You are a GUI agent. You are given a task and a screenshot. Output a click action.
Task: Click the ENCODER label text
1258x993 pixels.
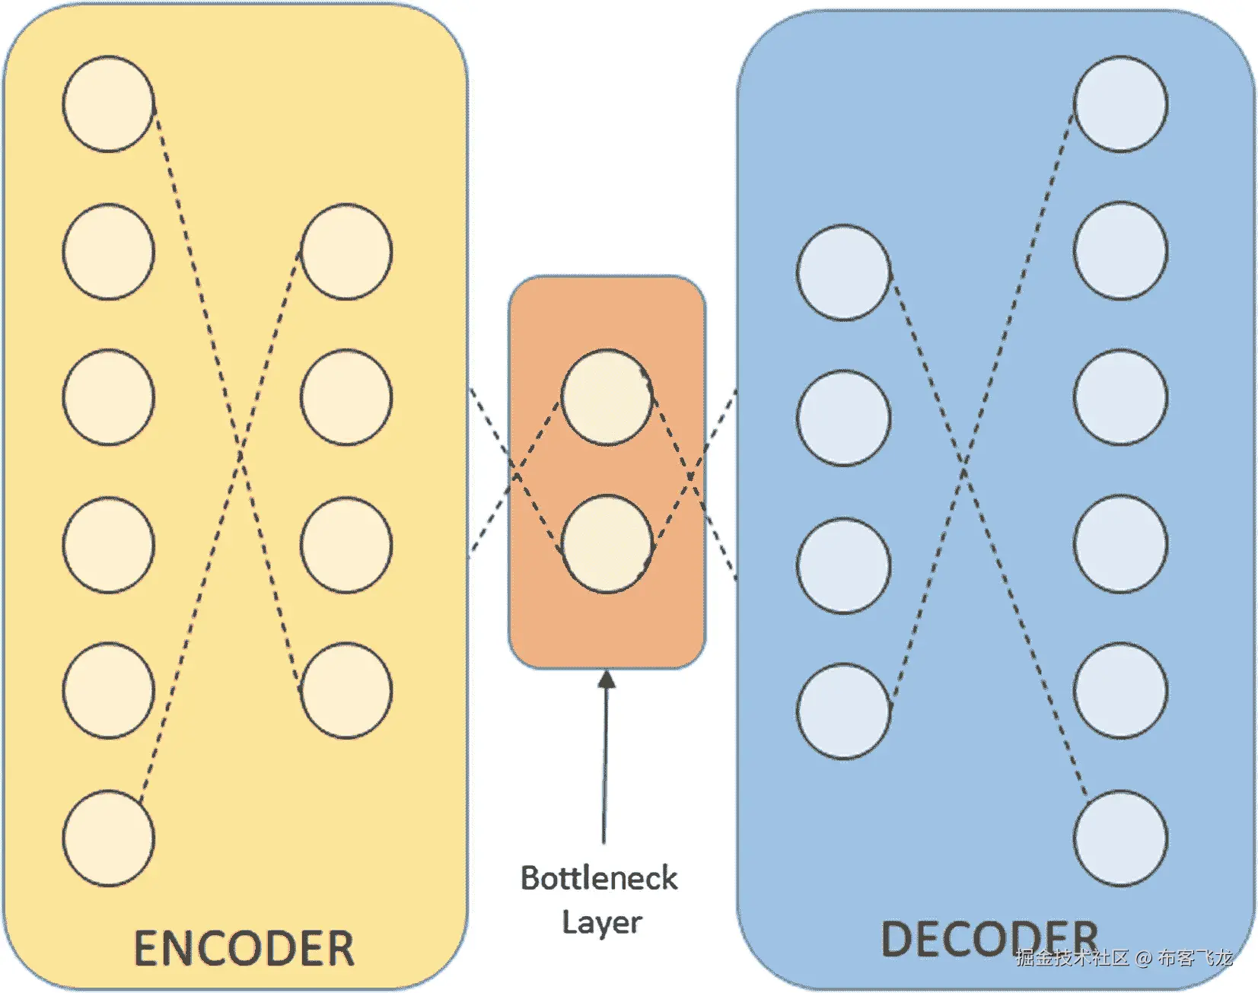click(x=244, y=948)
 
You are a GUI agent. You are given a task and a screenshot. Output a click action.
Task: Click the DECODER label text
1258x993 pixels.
click(x=989, y=939)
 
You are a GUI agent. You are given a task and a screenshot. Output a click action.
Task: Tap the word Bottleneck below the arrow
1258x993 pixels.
click(x=599, y=878)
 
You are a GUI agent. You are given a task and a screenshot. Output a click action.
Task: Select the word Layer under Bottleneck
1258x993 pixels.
click(x=602, y=922)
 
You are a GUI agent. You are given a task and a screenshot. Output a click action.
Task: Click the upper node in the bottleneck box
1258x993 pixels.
click(x=607, y=396)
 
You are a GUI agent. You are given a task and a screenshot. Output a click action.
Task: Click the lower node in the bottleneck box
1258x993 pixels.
click(x=607, y=543)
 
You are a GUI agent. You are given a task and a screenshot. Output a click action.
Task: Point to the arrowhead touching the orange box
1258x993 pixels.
click(x=607, y=679)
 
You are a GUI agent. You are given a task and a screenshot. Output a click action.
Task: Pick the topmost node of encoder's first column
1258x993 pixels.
click(x=108, y=103)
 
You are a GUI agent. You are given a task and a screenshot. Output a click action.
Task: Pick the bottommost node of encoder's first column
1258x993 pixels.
click(x=108, y=838)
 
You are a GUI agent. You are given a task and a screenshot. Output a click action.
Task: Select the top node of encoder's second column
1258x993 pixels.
click(x=346, y=251)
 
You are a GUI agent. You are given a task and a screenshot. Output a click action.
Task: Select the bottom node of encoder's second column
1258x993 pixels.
click(x=346, y=690)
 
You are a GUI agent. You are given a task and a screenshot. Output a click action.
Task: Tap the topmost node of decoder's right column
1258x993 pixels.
click(x=1120, y=103)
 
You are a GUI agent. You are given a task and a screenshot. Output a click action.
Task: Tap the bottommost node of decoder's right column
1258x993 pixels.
click(x=1120, y=838)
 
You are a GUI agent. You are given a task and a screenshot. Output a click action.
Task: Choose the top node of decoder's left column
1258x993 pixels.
click(x=843, y=272)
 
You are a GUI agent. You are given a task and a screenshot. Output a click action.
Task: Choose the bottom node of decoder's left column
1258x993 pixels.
click(x=843, y=711)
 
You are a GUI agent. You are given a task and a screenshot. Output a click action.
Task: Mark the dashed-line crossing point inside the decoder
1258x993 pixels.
click(x=964, y=470)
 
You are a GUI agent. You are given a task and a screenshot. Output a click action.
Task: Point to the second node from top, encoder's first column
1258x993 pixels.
click(x=108, y=251)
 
